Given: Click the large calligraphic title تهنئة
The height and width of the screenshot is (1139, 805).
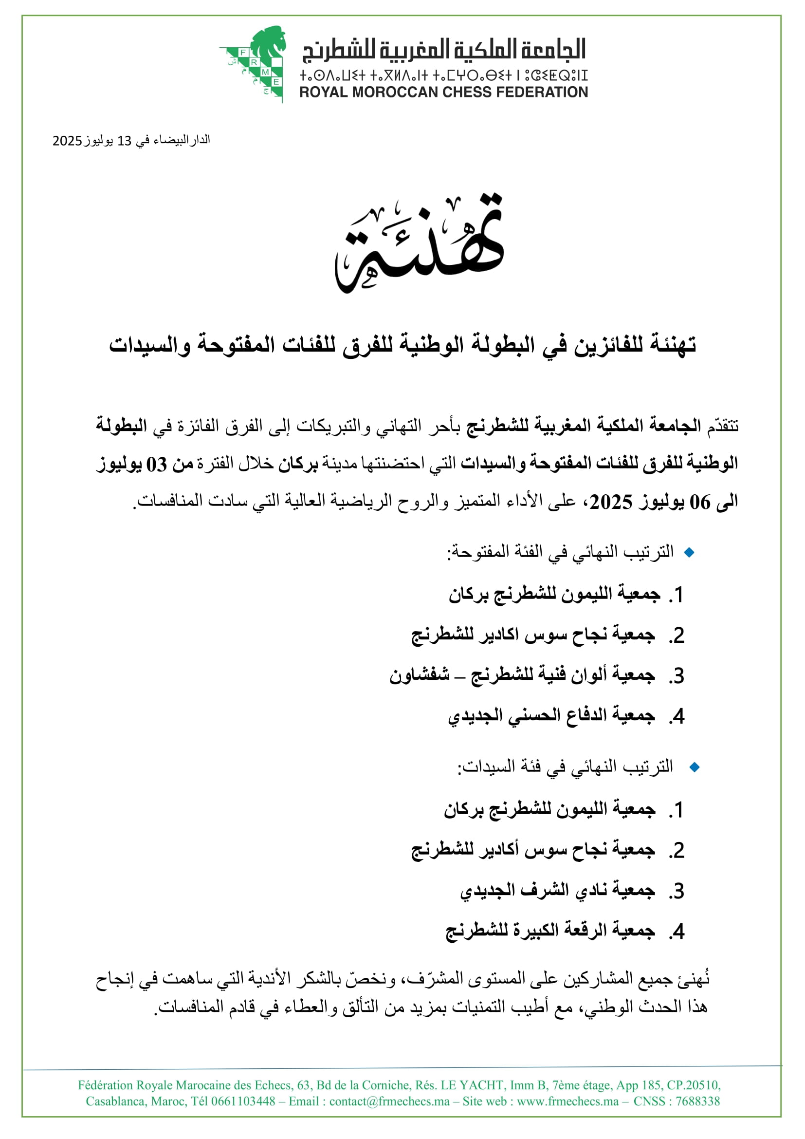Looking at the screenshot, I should [x=420, y=243].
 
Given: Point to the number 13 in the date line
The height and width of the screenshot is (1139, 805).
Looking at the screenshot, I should [x=124, y=141].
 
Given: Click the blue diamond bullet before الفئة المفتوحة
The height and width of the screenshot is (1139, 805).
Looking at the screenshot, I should [x=689, y=552].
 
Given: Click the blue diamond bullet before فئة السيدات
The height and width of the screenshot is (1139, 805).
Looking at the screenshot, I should [x=695, y=767].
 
